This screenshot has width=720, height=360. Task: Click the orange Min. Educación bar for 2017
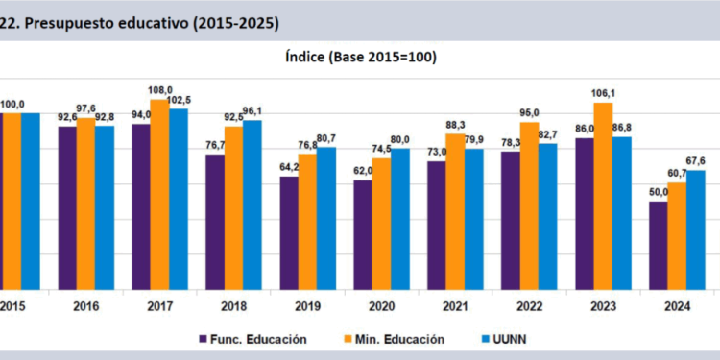coord(159,193)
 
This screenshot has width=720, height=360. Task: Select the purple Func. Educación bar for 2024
coord(658,244)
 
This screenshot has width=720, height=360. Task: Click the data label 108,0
coord(158,91)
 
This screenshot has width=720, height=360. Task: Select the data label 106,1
coord(603,94)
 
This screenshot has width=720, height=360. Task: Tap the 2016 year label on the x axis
coord(85,305)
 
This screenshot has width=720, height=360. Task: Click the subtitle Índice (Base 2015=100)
coord(360,57)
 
